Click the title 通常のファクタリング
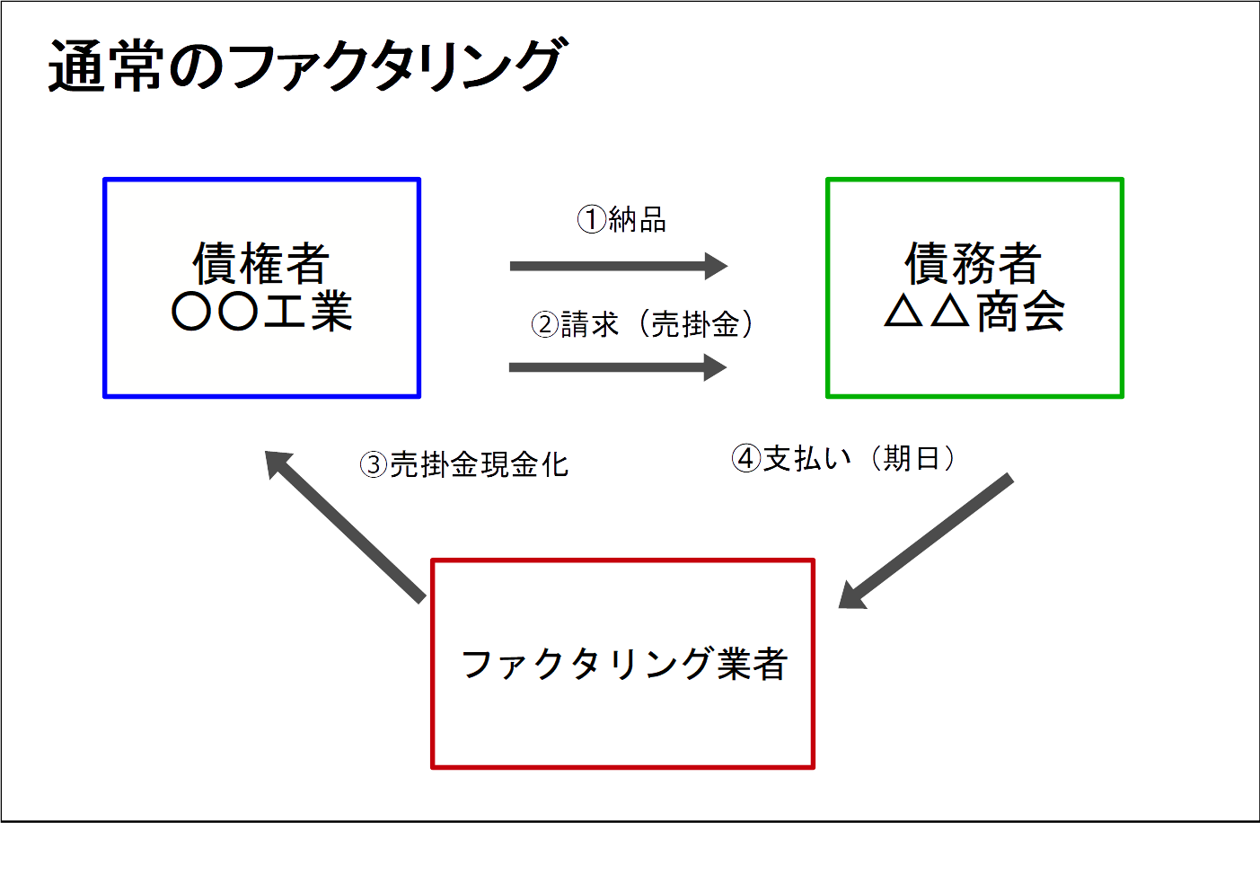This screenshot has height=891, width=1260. [x=305, y=66]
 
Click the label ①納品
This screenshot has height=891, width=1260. [x=621, y=219]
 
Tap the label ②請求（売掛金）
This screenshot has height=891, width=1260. [x=643, y=324]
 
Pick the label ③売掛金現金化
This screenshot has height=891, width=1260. [x=464, y=464]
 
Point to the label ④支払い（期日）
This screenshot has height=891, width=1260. [x=844, y=458]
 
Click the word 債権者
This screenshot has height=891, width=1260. [x=261, y=263]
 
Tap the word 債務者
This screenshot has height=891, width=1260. [x=974, y=263]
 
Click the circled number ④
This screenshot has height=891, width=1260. [x=745, y=458]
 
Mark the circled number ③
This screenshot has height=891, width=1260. [x=374, y=464]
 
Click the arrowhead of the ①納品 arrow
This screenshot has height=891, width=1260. [x=716, y=266]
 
